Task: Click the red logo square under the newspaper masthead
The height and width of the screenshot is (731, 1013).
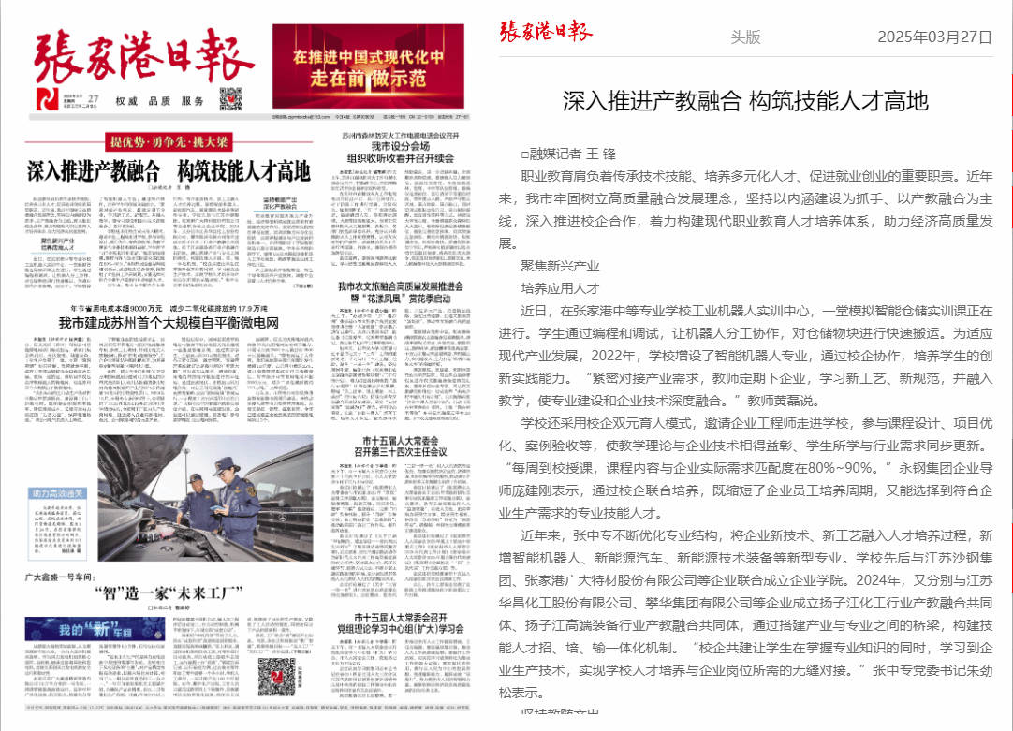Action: click(x=46, y=98)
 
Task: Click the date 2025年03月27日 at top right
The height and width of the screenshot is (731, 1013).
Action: click(x=933, y=37)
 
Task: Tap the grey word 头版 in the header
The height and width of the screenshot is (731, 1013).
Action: click(x=745, y=37)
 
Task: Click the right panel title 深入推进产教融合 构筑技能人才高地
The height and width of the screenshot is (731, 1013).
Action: click(x=745, y=100)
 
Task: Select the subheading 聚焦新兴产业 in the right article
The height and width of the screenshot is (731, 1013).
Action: click(x=559, y=266)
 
